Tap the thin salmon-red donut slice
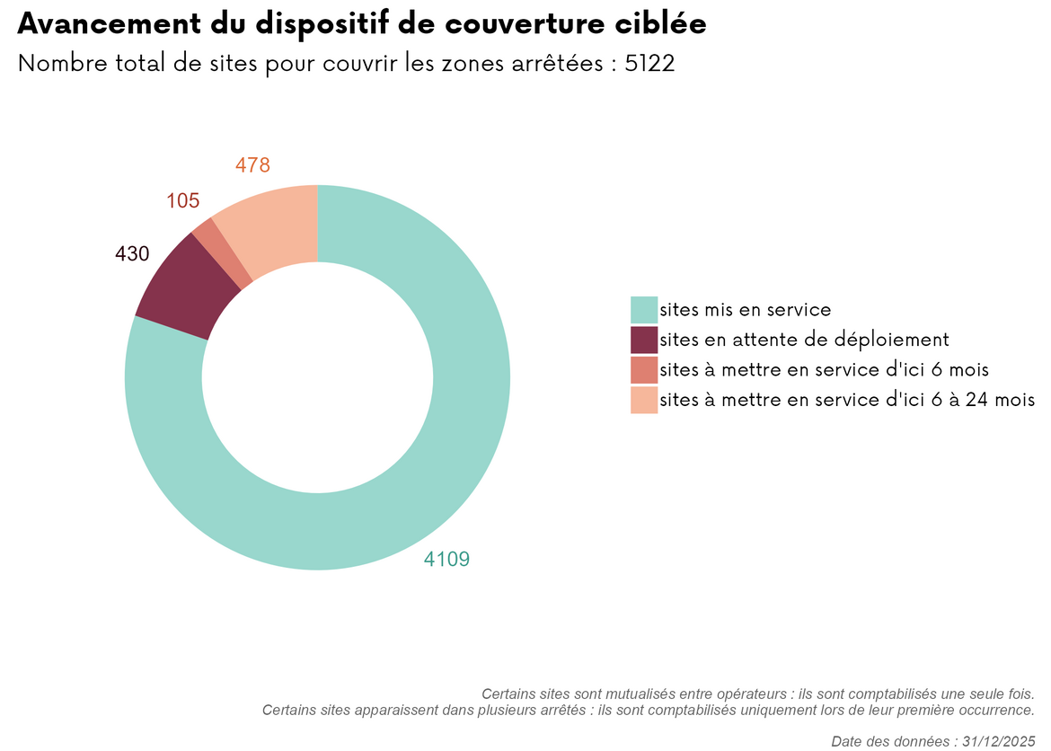[x=224, y=253]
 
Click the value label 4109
[x=446, y=560]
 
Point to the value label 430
[x=132, y=254]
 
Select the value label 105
[x=183, y=201]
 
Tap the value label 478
[x=252, y=165]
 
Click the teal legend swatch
[x=644, y=309]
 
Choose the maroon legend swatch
[x=644, y=340]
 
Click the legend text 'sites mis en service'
[x=745, y=310]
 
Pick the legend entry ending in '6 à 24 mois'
[x=847, y=400]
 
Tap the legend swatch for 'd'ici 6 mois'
[x=644, y=369]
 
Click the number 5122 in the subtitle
[x=649, y=65]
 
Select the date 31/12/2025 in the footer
[x=999, y=741]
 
